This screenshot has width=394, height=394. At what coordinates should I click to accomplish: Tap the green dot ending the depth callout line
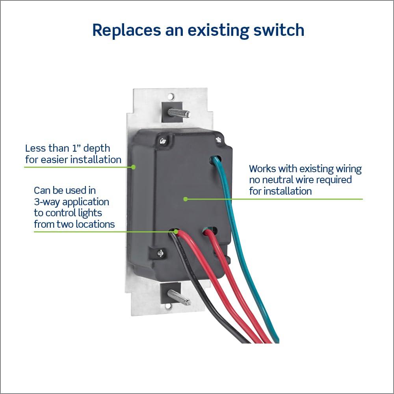click(x=134, y=167)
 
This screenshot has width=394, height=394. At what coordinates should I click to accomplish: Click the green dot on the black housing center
click(x=185, y=199)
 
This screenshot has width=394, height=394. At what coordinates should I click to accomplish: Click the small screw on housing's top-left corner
click(x=163, y=140)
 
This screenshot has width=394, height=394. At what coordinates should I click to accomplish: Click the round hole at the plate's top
click(x=171, y=96)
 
